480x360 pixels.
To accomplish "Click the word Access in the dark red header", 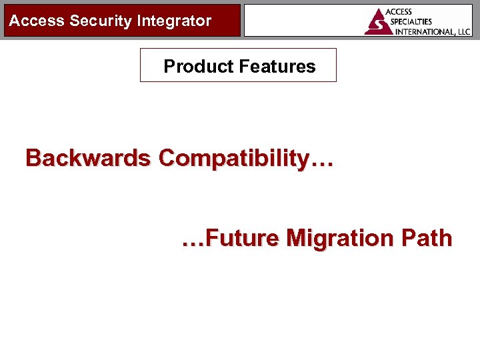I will pyautogui.click(x=37, y=21).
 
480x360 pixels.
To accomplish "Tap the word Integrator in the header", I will pyautogui.click(x=174, y=21).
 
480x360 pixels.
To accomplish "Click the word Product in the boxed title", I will pyautogui.click(x=190, y=66).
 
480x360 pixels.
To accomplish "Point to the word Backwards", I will pyautogui.click(x=88, y=158).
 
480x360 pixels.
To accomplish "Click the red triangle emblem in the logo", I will pyautogui.click(x=377, y=22).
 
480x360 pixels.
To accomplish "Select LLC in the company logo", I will pyautogui.click(x=463, y=31).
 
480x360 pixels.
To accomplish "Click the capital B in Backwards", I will pyautogui.click(x=33, y=158).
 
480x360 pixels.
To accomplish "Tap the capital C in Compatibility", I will pyautogui.click(x=168, y=158).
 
